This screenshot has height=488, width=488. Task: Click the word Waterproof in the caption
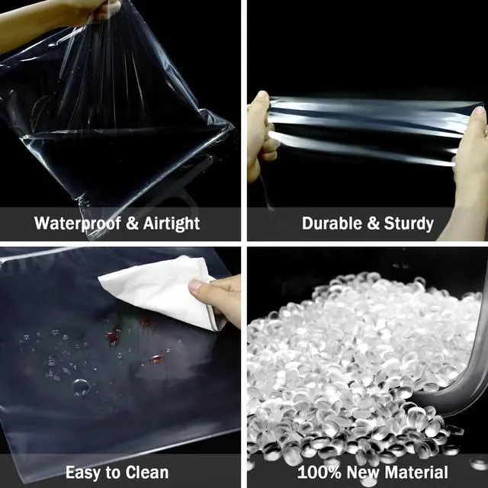click(x=78, y=223)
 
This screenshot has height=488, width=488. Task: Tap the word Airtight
click(x=172, y=223)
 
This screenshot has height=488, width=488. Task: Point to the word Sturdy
click(x=409, y=224)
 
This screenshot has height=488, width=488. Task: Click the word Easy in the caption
click(x=83, y=473)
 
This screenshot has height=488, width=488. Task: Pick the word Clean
click(x=147, y=472)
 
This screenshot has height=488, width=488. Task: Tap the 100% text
click(x=319, y=472)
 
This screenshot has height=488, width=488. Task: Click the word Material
click(x=416, y=472)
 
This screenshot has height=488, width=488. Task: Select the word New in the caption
click(x=363, y=472)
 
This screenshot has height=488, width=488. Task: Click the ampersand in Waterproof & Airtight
click(x=132, y=223)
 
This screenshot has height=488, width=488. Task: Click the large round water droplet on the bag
click(x=82, y=387)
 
